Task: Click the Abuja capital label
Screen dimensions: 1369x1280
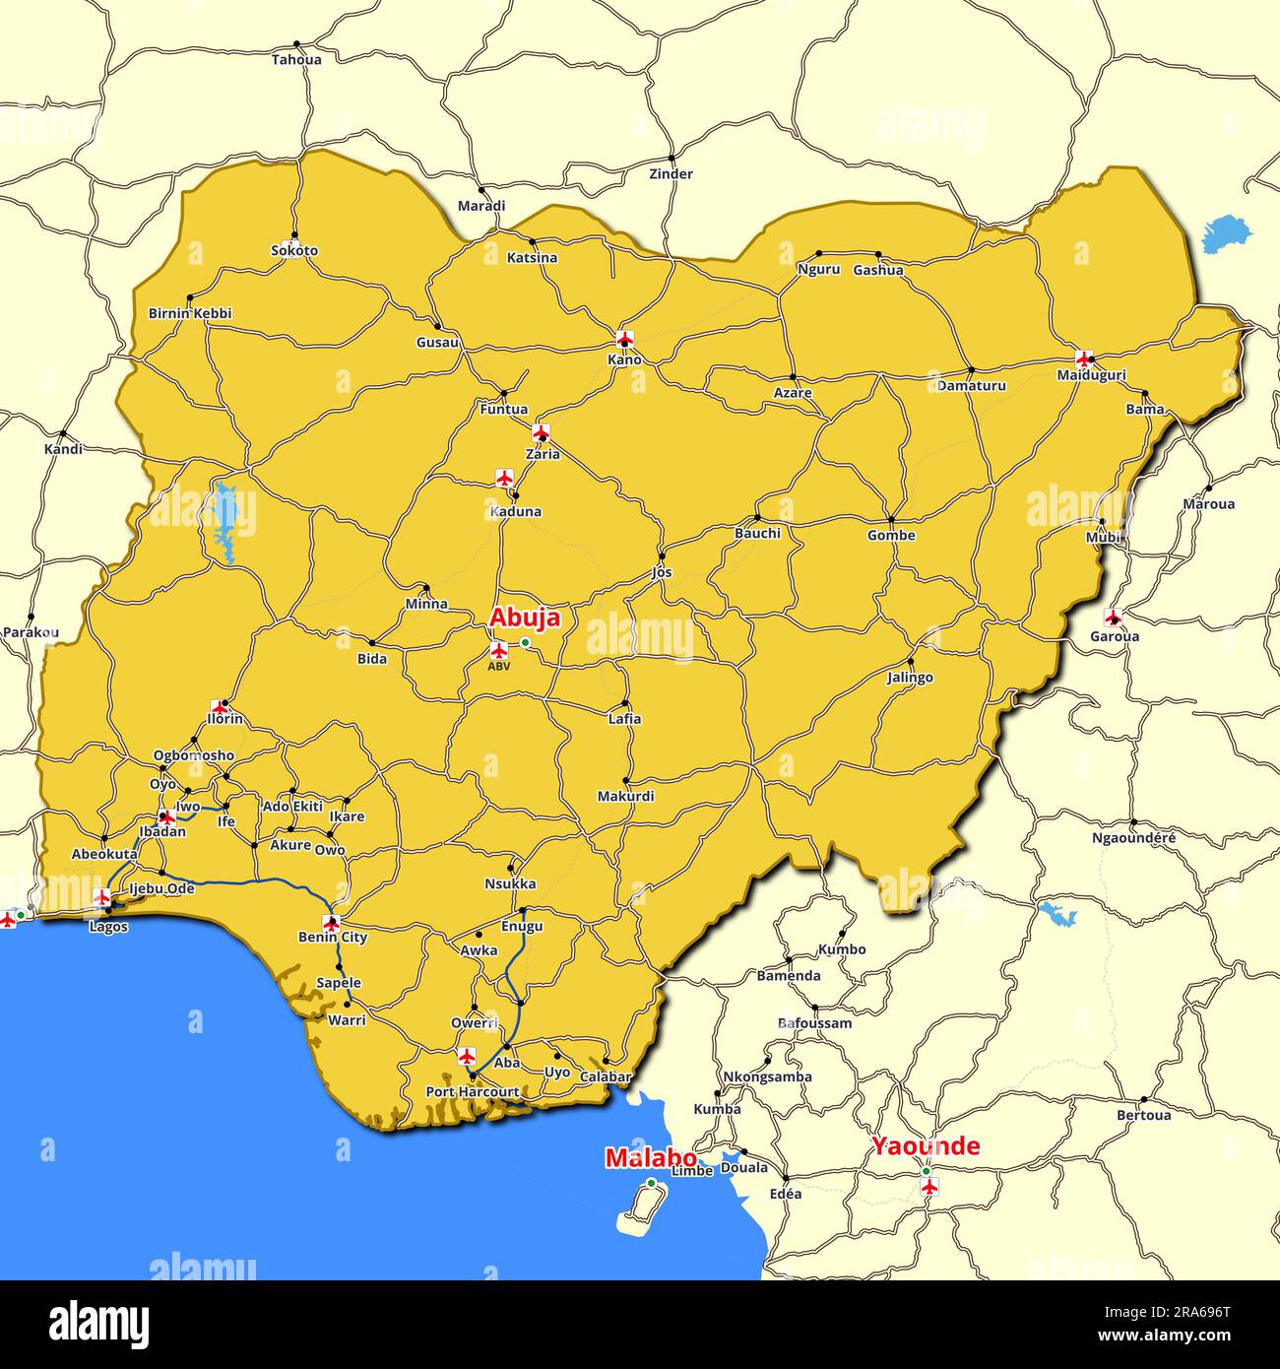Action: point(525,618)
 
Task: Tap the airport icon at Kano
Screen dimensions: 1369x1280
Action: point(624,339)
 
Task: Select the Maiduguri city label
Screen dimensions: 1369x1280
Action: point(1091,375)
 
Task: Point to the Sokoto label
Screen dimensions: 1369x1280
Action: point(294,250)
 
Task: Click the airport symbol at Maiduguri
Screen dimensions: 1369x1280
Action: point(1085,358)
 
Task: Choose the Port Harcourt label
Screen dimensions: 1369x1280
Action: point(473,1092)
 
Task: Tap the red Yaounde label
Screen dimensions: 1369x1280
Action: point(926,1145)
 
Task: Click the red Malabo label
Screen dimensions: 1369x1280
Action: point(651,1158)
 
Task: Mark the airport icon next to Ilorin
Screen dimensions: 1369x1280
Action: point(220,707)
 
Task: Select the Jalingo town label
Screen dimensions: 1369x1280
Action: point(910,678)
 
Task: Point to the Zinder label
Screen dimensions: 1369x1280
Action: point(671,174)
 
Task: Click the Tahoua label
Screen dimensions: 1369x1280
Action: point(296,59)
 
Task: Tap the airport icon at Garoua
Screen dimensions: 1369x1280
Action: point(1113,618)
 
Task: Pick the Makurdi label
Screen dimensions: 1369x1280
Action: point(626,796)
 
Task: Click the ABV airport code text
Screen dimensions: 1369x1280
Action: point(499,666)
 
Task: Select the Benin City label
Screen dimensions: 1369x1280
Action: point(333,937)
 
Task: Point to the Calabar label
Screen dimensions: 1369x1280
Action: point(605,1076)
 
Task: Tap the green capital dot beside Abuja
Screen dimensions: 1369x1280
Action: point(526,642)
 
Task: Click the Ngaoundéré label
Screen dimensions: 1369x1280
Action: point(1133,838)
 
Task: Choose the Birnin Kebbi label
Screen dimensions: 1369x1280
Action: point(190,313)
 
